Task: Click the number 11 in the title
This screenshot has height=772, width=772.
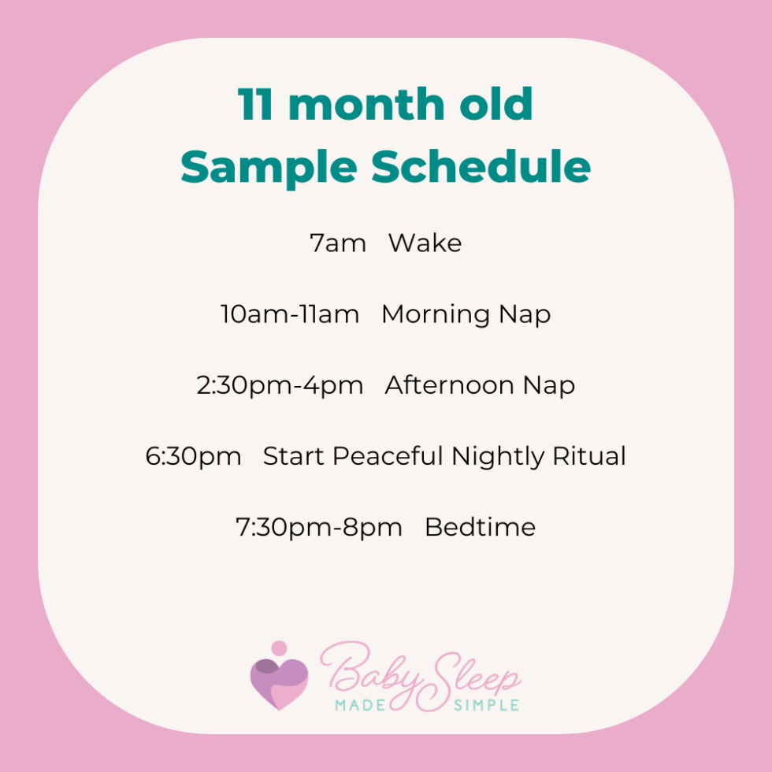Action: [x=255, y=104]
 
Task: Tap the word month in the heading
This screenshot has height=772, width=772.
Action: [x=367, y=104]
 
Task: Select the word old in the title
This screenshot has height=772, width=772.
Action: [x=495, y=103]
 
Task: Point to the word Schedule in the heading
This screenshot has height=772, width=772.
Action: [x=481, y=166]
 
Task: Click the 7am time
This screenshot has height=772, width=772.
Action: [x=338, y=243]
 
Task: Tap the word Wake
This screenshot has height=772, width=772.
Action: [x=425, y=243]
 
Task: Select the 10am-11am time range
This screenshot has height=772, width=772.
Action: [x=290, y=314]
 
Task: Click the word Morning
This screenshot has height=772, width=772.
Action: [x=435, y=315]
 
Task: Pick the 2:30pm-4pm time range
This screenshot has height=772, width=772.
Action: [x=280, y=385]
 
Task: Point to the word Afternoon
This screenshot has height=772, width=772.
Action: [x=449, y=385]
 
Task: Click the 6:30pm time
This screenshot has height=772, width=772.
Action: [x=193, y=457]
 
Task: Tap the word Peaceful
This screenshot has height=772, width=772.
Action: [x=388, y=456]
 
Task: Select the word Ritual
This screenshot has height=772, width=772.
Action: [x=589, y=456]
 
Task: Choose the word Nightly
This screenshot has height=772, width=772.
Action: [x=498, y=457]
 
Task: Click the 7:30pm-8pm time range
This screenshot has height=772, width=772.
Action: [x=318, y=528]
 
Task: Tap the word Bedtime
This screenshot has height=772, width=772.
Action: [x=480, y=527]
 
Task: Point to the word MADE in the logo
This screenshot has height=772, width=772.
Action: [x=360, y=706]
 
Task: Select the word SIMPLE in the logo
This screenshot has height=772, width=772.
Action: [x=486, y=706]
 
